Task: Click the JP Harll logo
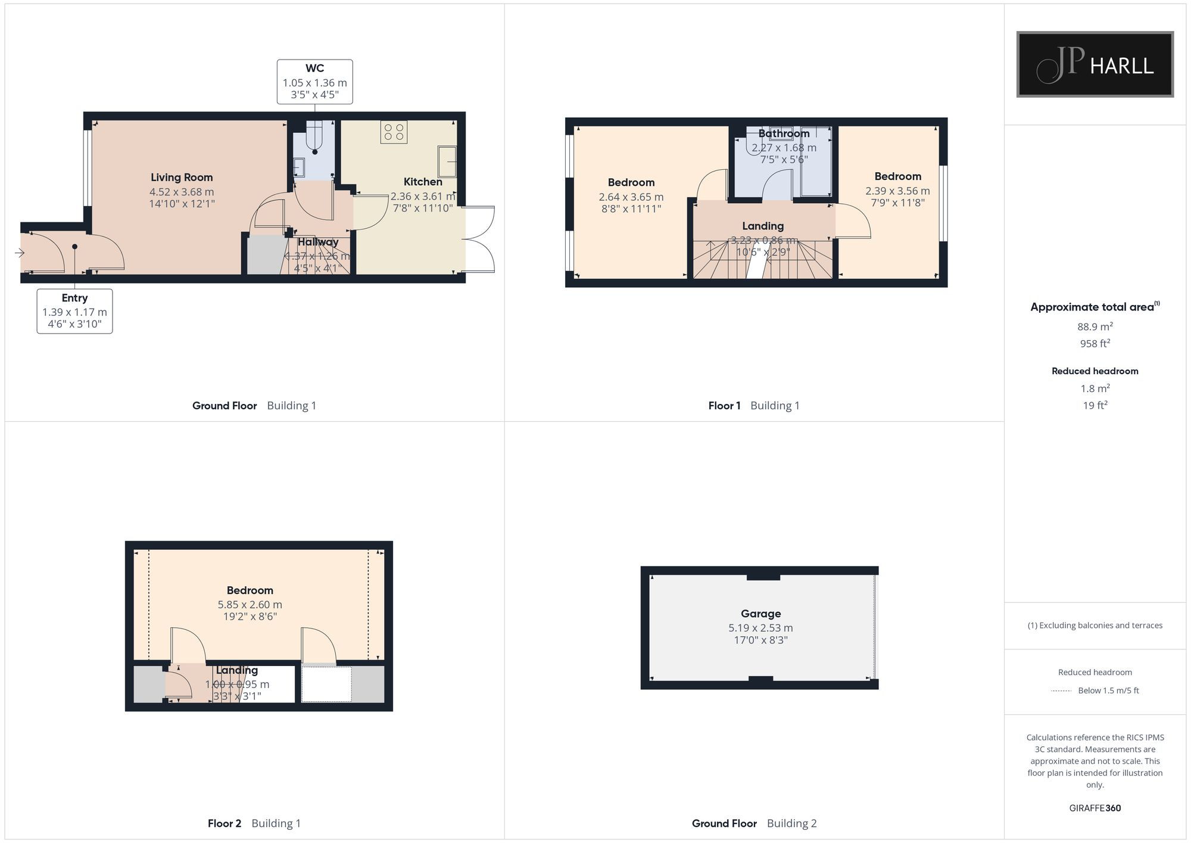1095,64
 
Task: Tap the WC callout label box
314,82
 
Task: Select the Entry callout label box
74,311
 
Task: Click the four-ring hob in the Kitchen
394,132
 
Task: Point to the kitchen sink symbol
448,161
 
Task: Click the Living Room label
182,178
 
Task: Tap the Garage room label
760,614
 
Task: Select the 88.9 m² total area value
1095,326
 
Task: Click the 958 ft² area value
1095,344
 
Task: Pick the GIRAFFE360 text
1095,808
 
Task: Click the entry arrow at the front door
20,253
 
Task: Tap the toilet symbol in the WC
314,138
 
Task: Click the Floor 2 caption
225,823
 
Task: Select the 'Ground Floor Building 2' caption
754,823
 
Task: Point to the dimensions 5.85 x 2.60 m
250,605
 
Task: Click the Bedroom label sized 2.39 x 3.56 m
897,176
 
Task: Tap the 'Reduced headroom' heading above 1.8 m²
1095,371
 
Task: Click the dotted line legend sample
1061,691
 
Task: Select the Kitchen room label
423,182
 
